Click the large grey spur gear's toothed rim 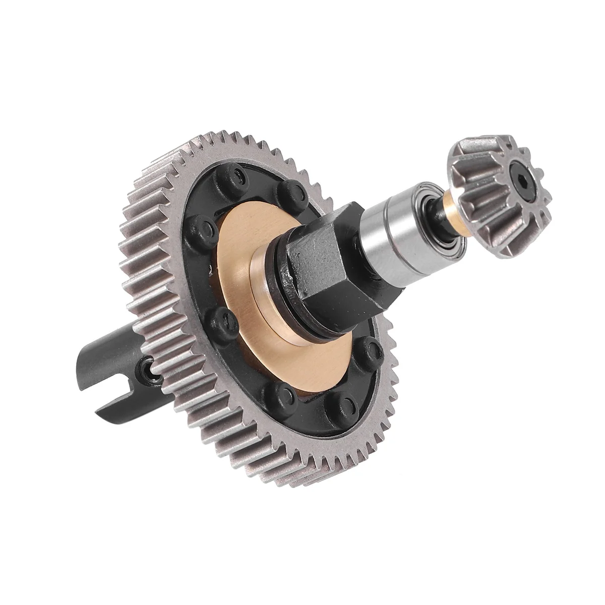pyautogui.click(x=151, y=262)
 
